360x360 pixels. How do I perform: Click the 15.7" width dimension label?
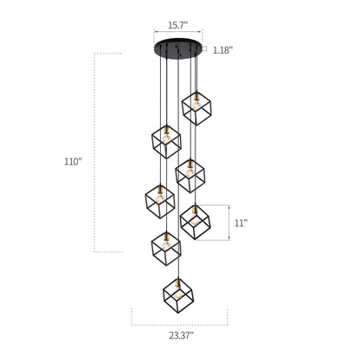point(178,25)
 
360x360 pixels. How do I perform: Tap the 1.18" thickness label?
point(222,50)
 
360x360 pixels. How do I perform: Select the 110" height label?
point(74,162)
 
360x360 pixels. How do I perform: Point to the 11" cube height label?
point(241,222)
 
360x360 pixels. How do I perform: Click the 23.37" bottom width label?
point(181,336)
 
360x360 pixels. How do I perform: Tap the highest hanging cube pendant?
point(196,108)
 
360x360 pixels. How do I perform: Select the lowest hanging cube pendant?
point(178,296)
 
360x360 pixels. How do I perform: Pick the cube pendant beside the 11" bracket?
point(196,222)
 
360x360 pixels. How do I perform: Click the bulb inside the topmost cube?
point(196,105)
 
